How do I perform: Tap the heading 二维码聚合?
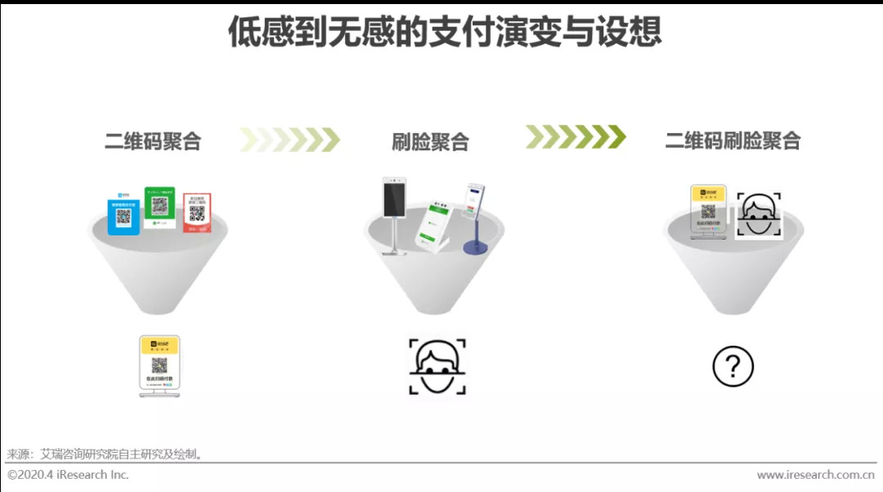pyautogui.click(x=153, y=141)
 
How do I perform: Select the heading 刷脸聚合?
pyautogui.click(x=430, y=141)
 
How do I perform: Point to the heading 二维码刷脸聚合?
pyautogui.click(x=733, y=140)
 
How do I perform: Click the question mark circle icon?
pyautogui.click(x=733, y=366)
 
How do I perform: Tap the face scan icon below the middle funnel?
pyautogui.click(x=437, y=366)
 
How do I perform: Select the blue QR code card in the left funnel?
pyautogui.click(x=123, y=212)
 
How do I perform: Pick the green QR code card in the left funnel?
pyautogui.click(x=159, y=205)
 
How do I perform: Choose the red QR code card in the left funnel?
pyautogui.click(x=197, y=212)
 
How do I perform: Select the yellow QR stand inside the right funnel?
pyautogui.click(x=708, y=211)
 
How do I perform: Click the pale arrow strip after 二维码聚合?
pyautogui.click(x=289, y=140)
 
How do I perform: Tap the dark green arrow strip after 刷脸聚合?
pyautogui.click(x=575, y=136)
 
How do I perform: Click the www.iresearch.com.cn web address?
pyautogui.click(x=815, y=475)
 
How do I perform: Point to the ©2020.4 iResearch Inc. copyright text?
pyautogui.click(x=69, y=475)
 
